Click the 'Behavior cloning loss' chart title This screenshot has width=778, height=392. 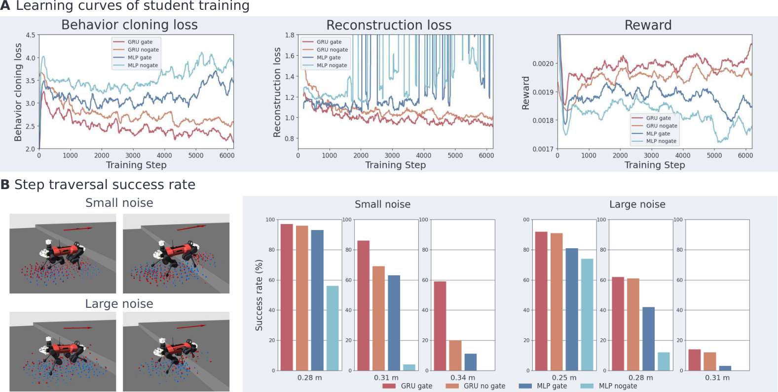(130, 25)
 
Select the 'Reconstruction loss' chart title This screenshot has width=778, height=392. (389, 25)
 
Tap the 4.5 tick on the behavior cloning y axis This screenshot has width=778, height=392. (31, 35)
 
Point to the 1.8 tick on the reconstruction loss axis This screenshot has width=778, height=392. (290, 35)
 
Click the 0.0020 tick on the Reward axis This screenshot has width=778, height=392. (543, 64)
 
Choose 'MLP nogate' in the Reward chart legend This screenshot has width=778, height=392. (661, 141)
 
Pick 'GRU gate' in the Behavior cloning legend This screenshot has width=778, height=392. (140, 42)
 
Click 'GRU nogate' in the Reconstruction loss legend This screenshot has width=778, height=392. (332, 50)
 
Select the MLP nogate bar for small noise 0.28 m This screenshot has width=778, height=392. (333, 328)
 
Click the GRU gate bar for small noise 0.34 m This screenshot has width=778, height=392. (440, 326)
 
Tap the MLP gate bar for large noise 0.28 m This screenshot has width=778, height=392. (648, 339)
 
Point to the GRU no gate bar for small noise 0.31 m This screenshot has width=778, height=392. (378, 318)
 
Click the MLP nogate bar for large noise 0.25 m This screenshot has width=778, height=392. (587, 314)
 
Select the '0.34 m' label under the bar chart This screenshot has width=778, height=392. (463, 377)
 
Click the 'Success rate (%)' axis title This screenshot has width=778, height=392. (259, 295)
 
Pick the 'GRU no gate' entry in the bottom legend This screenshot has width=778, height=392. (484, 386)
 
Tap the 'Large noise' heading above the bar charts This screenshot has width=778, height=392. (637, 204)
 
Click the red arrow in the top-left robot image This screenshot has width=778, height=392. (78, 229)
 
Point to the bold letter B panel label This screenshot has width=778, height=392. (5, 185)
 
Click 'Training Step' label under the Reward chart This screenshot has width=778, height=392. (655, 165)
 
